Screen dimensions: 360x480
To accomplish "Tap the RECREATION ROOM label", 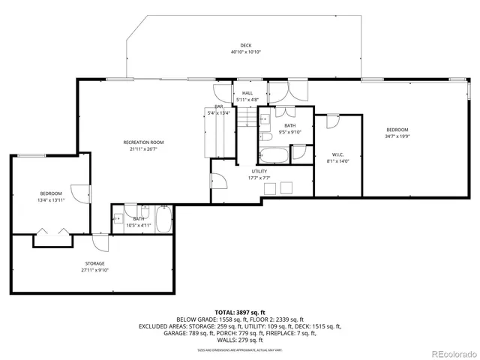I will pyautogui.click(x=143, y=142).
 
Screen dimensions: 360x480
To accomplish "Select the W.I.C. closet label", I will pyautogui.click(x=337, y=156).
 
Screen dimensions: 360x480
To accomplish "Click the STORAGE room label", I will pyautogui.click(x=94, y=263).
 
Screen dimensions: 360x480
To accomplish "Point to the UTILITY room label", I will pyautogui.click(x=259, y=172).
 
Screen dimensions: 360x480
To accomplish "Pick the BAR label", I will pyautogui.click(x=219, y=106).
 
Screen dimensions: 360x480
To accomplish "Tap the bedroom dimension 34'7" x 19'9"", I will pyautogui.click(x=397, y=136).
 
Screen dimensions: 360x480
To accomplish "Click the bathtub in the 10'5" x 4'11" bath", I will pyautogui.click(x=166, y=222).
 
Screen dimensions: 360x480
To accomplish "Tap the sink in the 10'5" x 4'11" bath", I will pyautogui.click(x=118, y=220).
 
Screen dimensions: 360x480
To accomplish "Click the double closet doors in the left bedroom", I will pyautogui.click(x=50, y=240).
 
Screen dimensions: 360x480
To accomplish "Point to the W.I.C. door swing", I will pyautogui.click(x=332, y=121).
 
